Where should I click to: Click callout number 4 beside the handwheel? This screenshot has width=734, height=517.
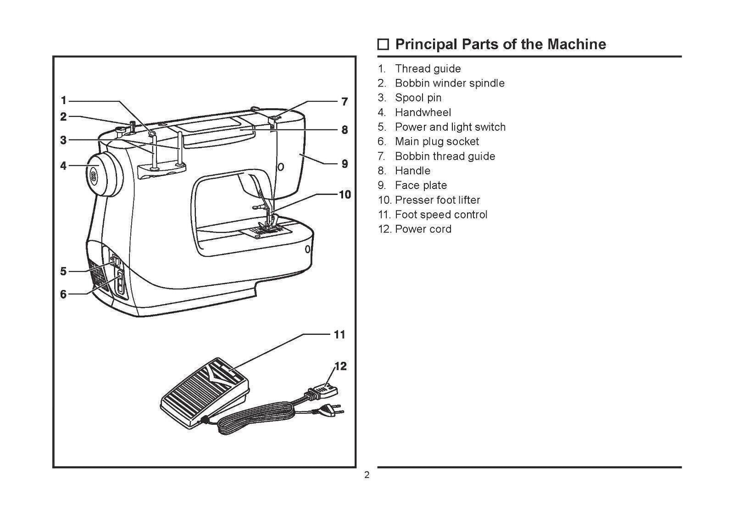point(63,166)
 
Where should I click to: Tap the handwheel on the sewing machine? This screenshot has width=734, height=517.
point(105,174)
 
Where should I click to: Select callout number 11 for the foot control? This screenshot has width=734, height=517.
point(339,334)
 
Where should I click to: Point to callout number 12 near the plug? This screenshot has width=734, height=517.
point(340,366)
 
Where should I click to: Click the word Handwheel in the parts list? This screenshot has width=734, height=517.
point(423,112)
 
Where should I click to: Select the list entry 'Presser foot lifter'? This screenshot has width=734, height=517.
point(437,200)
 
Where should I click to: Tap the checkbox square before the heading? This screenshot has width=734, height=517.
point(383,45)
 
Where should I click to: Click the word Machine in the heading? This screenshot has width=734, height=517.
point(576,44)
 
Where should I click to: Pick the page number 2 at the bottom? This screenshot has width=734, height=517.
point(367,475)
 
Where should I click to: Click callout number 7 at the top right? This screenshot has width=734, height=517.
point(345,102)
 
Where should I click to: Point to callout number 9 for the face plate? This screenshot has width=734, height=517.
point(345,164)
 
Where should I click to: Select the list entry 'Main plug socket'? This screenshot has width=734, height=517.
point(437,142)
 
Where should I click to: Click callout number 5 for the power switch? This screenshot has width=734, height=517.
point(63,271)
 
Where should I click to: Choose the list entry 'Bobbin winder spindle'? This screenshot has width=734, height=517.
point(450,83)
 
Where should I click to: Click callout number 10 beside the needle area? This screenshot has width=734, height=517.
point(345,195)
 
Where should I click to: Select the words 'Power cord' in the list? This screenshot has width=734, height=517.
point(423,229)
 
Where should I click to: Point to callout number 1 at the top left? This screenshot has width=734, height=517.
point(63,100)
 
